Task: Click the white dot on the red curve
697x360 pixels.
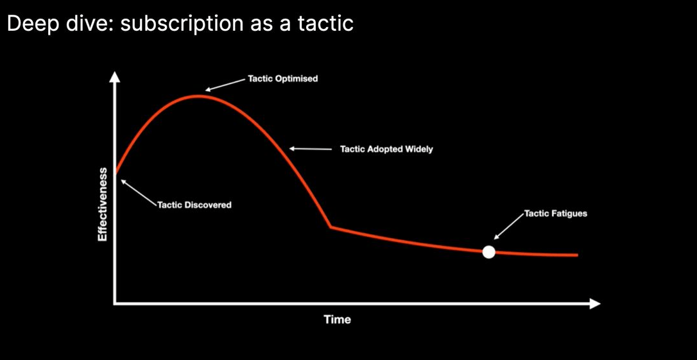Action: [488, 252]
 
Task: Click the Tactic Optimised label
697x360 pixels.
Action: [282, 79]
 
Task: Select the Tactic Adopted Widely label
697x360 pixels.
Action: [386, 150]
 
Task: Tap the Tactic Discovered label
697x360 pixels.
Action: [194, 205]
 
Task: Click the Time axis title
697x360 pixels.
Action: [338, 320]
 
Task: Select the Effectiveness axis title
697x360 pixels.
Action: [103, 205]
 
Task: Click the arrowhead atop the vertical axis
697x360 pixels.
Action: [115, 76]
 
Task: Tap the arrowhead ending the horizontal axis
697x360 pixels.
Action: [595, 304]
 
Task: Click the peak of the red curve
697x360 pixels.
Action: [199, 96]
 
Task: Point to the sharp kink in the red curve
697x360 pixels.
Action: [331, 227]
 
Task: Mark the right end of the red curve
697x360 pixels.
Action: [576, 255]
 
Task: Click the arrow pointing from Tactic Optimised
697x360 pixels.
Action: [225, 85]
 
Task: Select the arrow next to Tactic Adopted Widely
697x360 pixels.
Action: [311, 149]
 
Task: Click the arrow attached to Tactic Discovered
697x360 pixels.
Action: [139, 193]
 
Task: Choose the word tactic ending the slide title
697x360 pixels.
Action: [327, 24]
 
